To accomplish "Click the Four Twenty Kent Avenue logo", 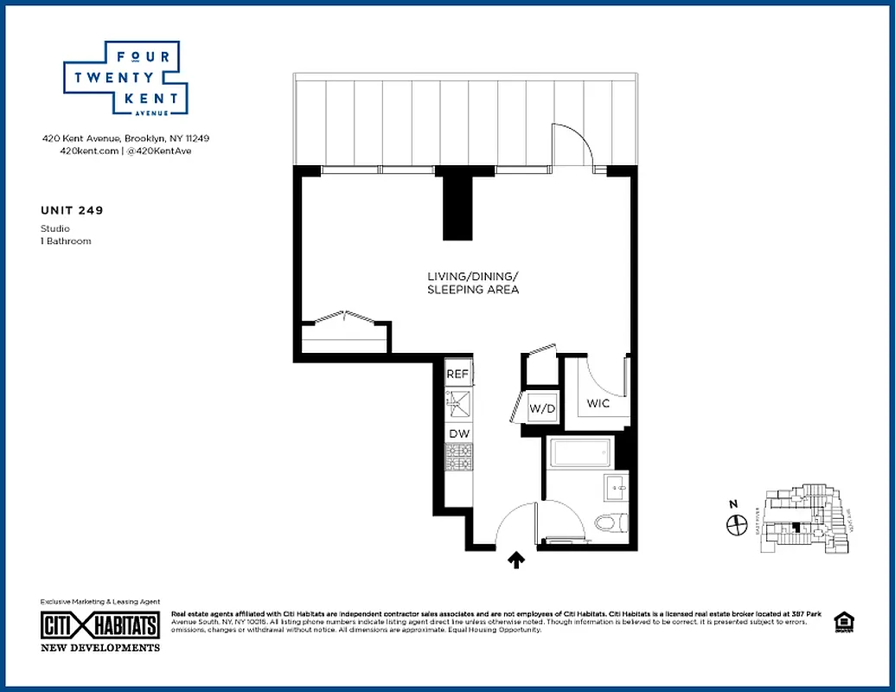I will (x=121, y=79).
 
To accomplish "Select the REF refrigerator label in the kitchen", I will (x=457, y=375).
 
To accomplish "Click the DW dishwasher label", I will (x=457, y=433).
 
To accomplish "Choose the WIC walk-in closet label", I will (x=598, y=404).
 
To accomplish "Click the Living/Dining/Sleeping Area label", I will (x=473, y=283).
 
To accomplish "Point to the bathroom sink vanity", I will (x=619, y=489).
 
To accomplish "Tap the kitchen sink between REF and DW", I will (x=457, y=403).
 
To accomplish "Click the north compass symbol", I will (x=737, y=524).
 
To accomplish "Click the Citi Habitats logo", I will (x=100, y=625).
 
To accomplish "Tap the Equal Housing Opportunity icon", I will (x=841, y=621).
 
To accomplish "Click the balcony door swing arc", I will (x=573, y=144).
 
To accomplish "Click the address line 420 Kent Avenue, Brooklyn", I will (x=125, y=138).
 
